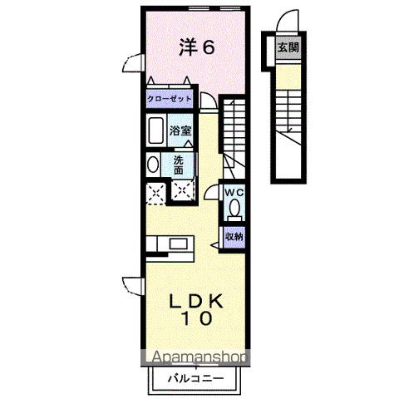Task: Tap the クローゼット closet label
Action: point(170,100)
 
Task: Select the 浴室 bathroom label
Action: point(181,131)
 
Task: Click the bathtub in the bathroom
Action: point(155,131)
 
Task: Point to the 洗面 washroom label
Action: point(179,164)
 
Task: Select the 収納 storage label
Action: point(234,236)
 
